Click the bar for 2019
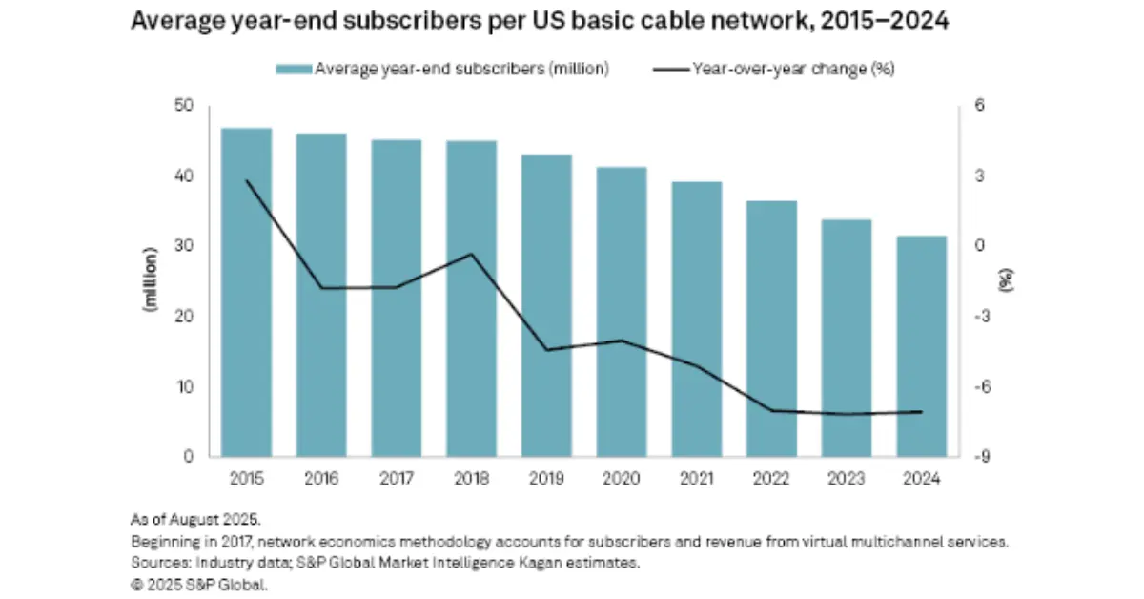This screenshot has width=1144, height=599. coord(546,305)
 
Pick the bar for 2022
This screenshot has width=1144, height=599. coord(772,329)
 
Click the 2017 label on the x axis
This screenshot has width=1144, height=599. coord(397,478)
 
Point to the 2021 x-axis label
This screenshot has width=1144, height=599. coord(697,478)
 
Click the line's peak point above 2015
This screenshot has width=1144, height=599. coord(246,180)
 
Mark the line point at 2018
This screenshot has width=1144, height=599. coord(471,254)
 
